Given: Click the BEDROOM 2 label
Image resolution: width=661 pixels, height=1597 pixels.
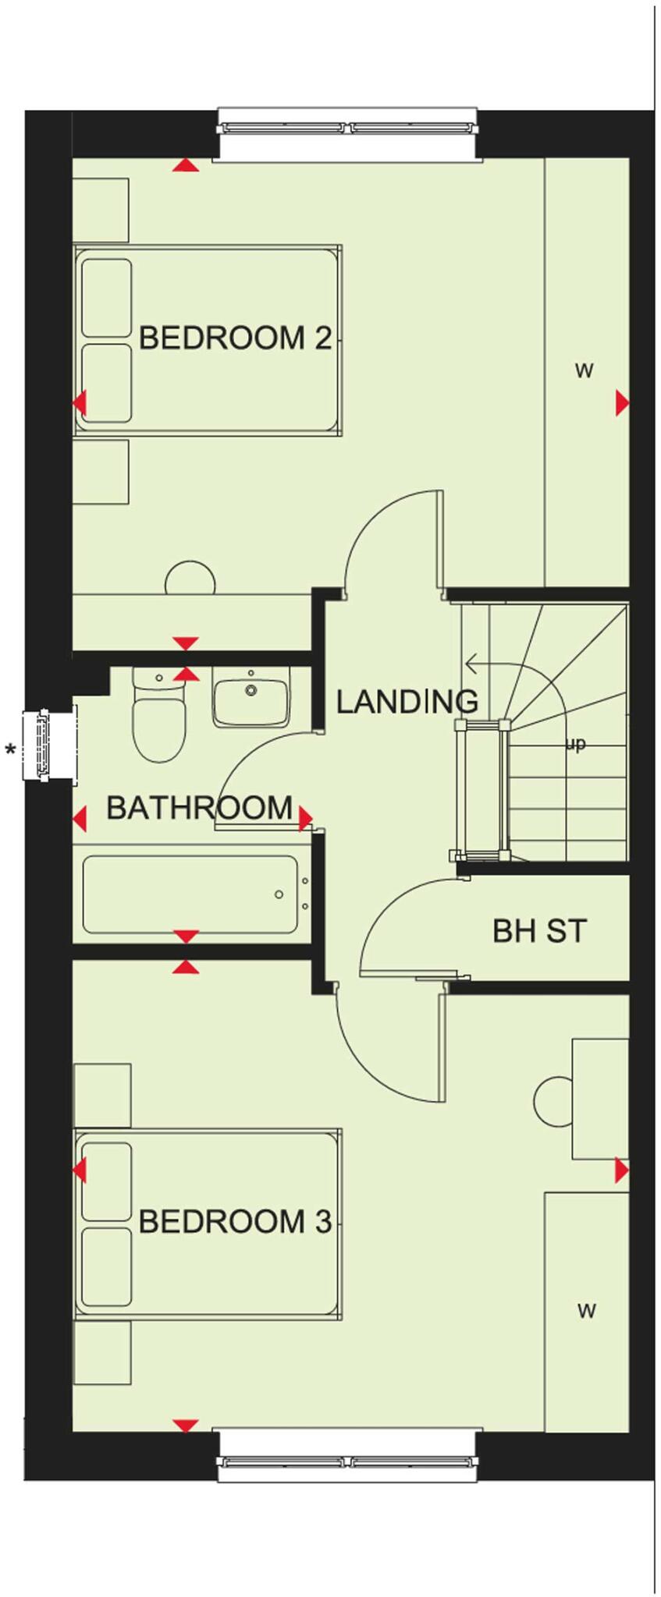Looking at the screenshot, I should [x=235, y=338].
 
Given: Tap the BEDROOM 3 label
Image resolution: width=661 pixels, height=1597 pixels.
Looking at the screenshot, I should [x=235, y=1221].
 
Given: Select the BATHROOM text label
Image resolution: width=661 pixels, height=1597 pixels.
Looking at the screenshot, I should [x=199, y=808].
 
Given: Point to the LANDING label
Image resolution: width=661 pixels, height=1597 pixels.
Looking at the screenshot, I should [x=407, y=702].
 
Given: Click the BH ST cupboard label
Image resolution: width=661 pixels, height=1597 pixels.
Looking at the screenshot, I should [x=539, y=930].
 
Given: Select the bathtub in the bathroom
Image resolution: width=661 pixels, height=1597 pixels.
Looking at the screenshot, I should [x=190, y=894].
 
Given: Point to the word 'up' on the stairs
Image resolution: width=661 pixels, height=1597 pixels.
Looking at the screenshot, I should [x=575, y=744].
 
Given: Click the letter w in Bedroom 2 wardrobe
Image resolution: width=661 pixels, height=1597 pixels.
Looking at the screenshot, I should [x=584, y=371].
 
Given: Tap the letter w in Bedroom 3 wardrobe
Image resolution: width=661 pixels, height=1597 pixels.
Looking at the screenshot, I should [x=587, y=1311].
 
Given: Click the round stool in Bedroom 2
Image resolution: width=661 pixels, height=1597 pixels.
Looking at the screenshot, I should [x=190, y=580].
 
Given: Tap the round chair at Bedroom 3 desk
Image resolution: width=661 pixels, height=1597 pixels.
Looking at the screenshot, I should [x=553, y=1100].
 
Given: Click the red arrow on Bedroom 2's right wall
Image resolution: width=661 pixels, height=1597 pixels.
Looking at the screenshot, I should [x=622, y=403].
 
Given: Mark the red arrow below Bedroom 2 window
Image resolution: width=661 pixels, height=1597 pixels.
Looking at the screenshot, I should [x=185, y=165].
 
